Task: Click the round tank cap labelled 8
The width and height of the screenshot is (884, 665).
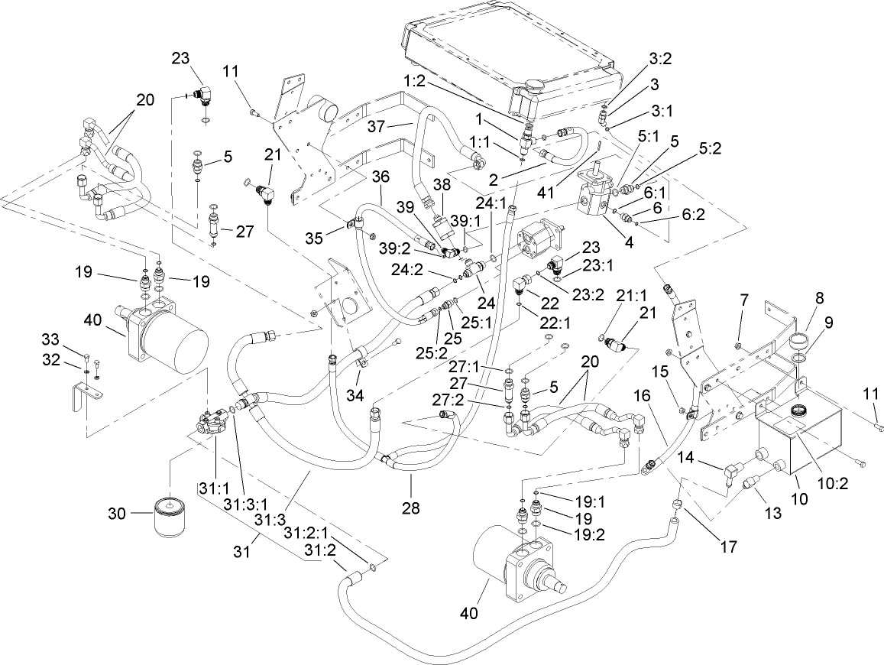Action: pyautogui.click(x=797, y=339)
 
